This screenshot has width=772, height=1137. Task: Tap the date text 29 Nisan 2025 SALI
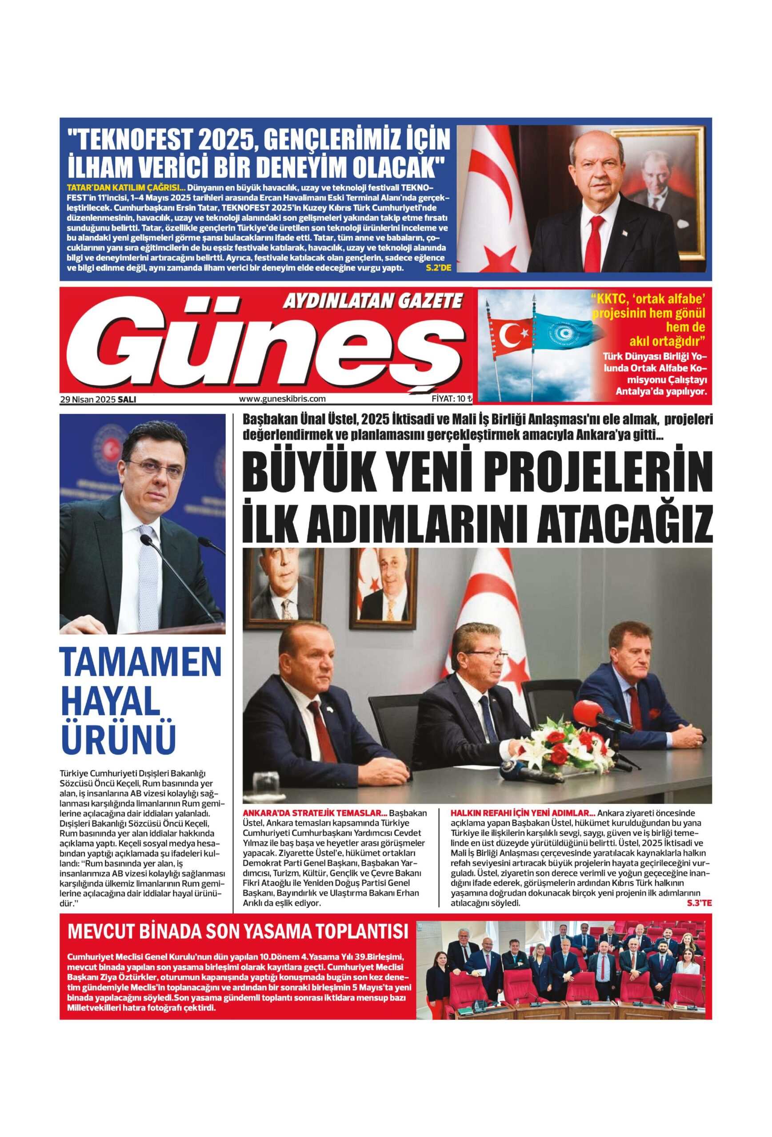pyautogui.click(x=98, y=399)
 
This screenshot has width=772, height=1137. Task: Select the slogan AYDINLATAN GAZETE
pyautogui.click(x=372, y=300)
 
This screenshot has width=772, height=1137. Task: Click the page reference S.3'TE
pyautogui.click(x=699, y=902)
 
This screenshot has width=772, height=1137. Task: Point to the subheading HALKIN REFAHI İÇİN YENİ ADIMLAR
pyautogui.click(x=522, y=813)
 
